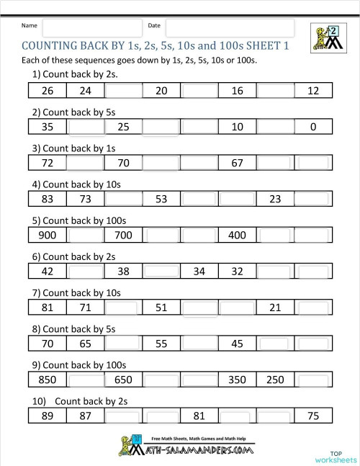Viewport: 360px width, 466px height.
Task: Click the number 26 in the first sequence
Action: [48, 91]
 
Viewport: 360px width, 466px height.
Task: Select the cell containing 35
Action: [48, 127]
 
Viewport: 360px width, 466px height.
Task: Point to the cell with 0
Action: [313, 127]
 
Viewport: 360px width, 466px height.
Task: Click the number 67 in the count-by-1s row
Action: [238, 163]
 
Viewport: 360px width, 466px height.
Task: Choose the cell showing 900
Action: [48, 235]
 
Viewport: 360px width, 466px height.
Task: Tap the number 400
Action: [238, 235]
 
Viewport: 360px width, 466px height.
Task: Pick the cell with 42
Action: [48, 271]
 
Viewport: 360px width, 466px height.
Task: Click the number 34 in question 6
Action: [199, 271]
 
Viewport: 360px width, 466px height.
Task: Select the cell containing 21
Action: [275, 308]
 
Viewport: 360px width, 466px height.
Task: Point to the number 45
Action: [238, 344]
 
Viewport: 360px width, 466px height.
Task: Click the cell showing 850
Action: [48, 380]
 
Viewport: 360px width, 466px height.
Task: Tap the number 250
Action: [275, 380]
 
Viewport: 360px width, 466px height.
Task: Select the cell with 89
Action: [48, 416]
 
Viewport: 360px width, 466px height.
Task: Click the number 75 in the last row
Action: [313, 416]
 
